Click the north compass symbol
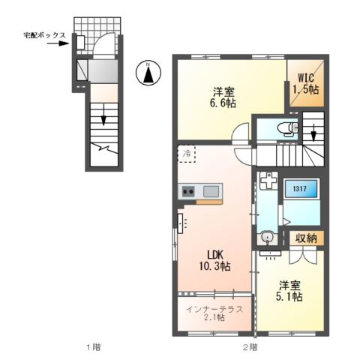pyautogui.click(x=148, y=73)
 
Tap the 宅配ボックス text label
pyautogui.click(x=44, y=35)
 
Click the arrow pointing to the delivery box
pyautogui.click(x=58, y=43)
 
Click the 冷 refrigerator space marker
pyautogui.click(x=187, y=154)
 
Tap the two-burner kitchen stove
pyautogui.click(x=188, y=192)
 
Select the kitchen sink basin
pyautogui.click(x=211, y=191)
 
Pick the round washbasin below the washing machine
pyautogui.click(x=267, y=236)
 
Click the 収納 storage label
pyautogui.click(x=307, y=238)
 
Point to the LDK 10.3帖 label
pyautogui.click(x=214, y=261)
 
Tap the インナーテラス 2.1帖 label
pyautogui.click(x=214, y=313)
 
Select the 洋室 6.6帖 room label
pyautogui.click(x=223, y=97)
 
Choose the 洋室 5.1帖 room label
pyautogui.click(x=289, y=291)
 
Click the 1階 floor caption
pyautogui.click(x=94, y=347)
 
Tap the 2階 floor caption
pyautogui.click(x=250, y=347)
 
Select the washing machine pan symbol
pyautogui.click(x=268, y=181)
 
